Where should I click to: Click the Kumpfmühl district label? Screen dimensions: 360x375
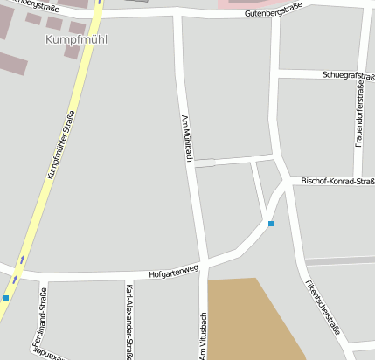click(69, 40)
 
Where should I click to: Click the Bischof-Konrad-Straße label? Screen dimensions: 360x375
click(337, 181)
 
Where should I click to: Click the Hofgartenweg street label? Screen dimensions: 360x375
click(174, 273)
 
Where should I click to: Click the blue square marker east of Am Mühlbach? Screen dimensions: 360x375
click(271, 225)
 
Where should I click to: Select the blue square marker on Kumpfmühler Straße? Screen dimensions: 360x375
click(5, 298)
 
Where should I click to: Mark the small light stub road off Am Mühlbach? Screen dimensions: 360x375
click(204, 163)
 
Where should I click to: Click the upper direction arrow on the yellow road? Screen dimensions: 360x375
click(23, 260)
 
